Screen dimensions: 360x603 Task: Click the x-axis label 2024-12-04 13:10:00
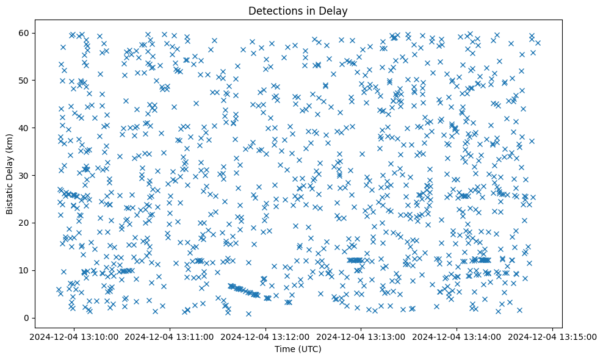(75, 336)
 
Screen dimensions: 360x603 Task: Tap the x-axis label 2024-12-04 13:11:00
(170, 336)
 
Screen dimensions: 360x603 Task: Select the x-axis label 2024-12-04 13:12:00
(266, 336)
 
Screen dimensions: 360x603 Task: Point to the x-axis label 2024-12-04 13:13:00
(361, 336)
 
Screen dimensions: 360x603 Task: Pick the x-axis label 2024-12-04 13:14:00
(457, 336)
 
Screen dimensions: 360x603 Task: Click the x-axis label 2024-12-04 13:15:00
(552, 336)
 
